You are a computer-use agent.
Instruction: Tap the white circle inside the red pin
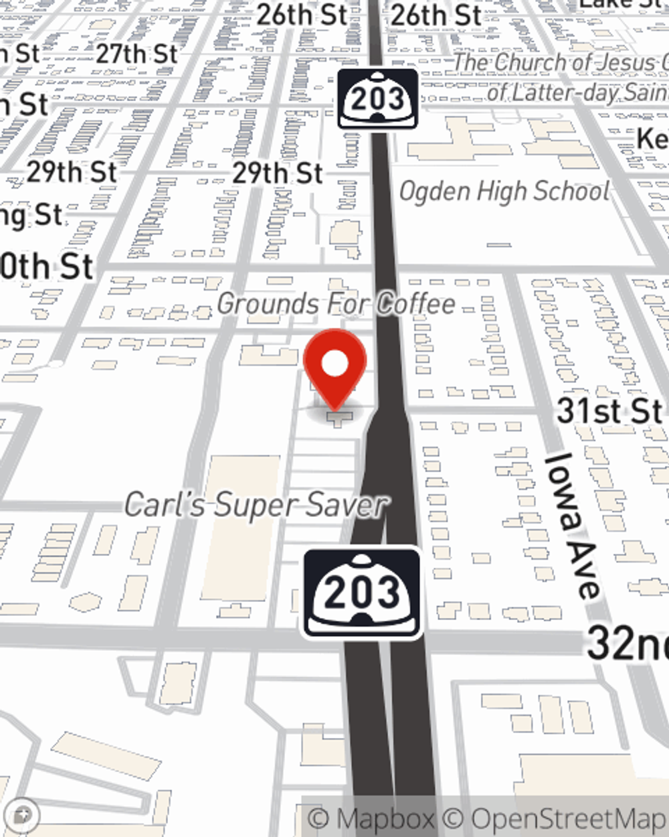pos(335,364)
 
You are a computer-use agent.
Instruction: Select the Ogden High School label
pos(504,192)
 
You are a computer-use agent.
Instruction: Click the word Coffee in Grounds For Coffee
pos(415,303)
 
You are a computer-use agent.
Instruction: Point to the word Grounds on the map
pos(266,303)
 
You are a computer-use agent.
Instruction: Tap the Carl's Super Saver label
pos(256,504)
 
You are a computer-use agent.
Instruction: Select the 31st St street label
pos(609,410)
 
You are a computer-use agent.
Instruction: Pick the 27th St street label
pos(137,54)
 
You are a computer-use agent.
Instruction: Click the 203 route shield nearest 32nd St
pos(363,593)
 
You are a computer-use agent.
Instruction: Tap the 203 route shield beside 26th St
pos(378,98)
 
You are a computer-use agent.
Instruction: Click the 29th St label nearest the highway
pos(278,173)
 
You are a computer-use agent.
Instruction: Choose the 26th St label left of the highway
pos(302,15)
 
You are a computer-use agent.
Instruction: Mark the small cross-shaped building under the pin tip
pos(340,418)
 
